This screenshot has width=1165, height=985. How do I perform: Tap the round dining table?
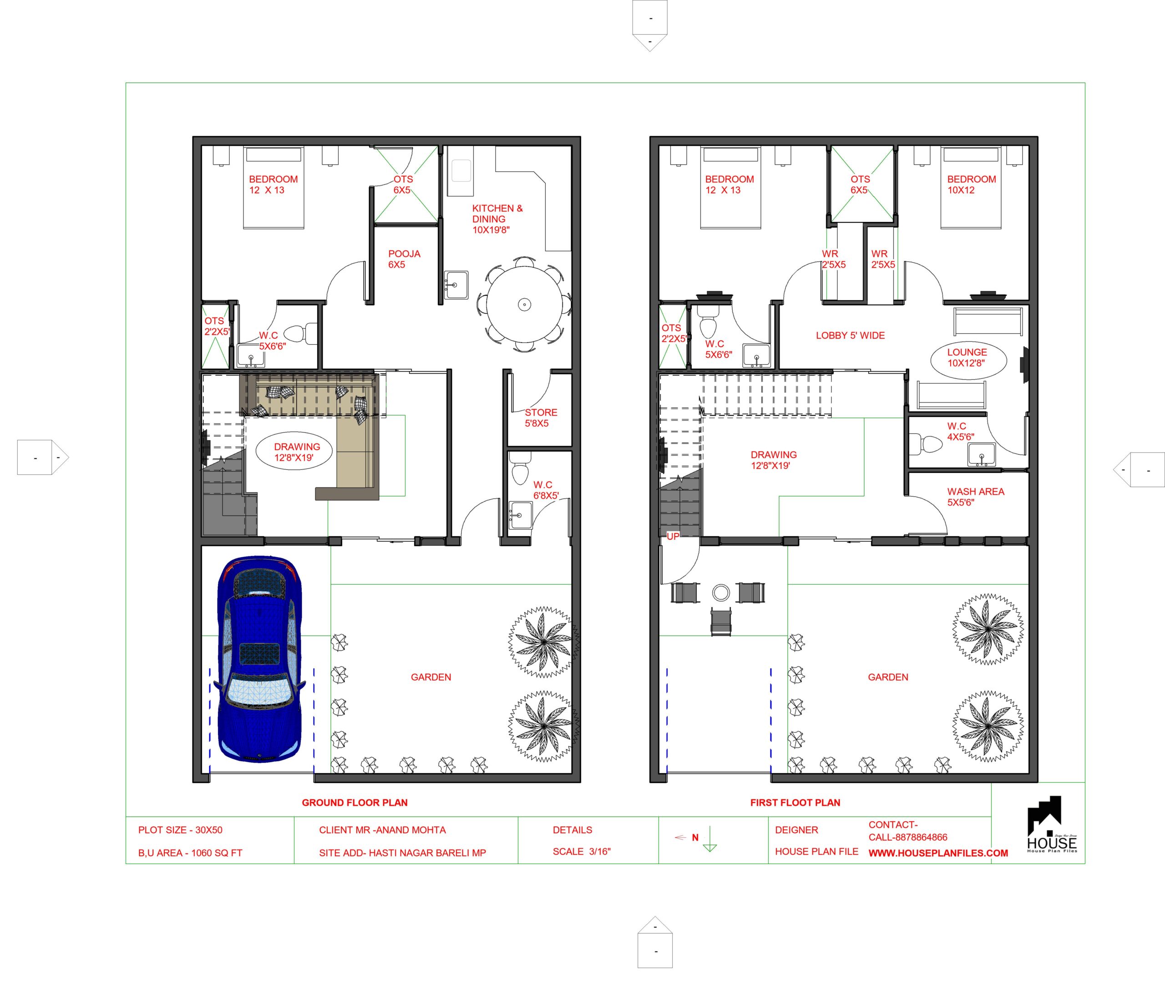click(524, 304)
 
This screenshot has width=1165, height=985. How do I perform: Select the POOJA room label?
click(404, 259)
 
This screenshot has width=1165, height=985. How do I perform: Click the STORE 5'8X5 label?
click(540, 417)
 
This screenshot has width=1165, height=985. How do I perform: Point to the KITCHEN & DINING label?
click(497, 219)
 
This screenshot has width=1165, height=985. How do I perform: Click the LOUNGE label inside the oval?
click(967, 357)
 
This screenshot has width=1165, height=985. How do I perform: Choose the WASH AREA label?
click(975, 497)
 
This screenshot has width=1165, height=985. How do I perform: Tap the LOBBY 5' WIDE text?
click(850, 336)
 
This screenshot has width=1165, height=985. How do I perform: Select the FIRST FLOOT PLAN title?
click(795, 802)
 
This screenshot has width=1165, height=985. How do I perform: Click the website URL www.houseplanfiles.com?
click(938, 853)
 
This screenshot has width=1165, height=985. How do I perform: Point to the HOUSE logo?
click(1052, 825)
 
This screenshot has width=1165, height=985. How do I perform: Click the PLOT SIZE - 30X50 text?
click(180, 830)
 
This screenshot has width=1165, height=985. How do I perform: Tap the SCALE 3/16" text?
click(582, 852)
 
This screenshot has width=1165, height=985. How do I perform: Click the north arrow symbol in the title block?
click(709, 839)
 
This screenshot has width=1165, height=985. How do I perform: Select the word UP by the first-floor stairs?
click(673, 536)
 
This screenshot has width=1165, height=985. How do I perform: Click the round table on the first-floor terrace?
click(721, 592)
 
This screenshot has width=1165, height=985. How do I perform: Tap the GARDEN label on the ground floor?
click(431, 677)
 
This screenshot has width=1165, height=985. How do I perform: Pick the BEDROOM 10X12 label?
click(971, 184)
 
